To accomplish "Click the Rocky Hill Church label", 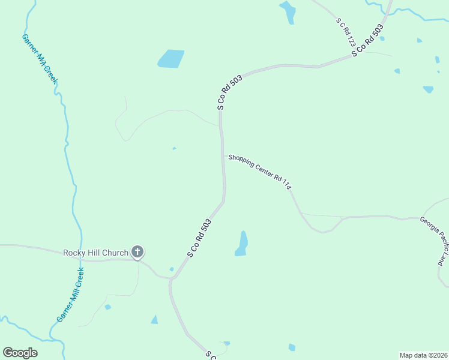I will pyautogui.click(x=96, y=253).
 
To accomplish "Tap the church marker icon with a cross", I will pyautogui.click(x=137, y=252).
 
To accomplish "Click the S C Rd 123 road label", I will pyautogui.click(x=347, y=32).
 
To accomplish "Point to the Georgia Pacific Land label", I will pyautogui.click(x=433, y=241).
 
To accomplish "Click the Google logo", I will pyautogui.click(x=20, y=353).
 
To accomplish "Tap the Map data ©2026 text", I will pyautogui.click(x=423, y=355).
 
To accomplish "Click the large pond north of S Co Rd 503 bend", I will pyautogui.click(x=171, y=59).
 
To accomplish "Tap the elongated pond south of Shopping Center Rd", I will pyautogui.click(x=241, y=244).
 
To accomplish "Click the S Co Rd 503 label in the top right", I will pyautogui.click(x=367, y=41).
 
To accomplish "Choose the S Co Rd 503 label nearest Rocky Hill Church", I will pyautogui.click(x=199, y=238).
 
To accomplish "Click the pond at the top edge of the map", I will pyautogui.click(x=288, y=11).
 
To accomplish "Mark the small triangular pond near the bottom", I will pyautogui.click(x=155, y=320).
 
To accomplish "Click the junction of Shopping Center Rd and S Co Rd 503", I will pyautogui.click(x=224, y=156).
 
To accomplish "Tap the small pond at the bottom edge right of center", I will pyautogui.click(x=292, y=347).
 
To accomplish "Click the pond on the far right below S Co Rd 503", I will pyautogui.click(x=428, y=89).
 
